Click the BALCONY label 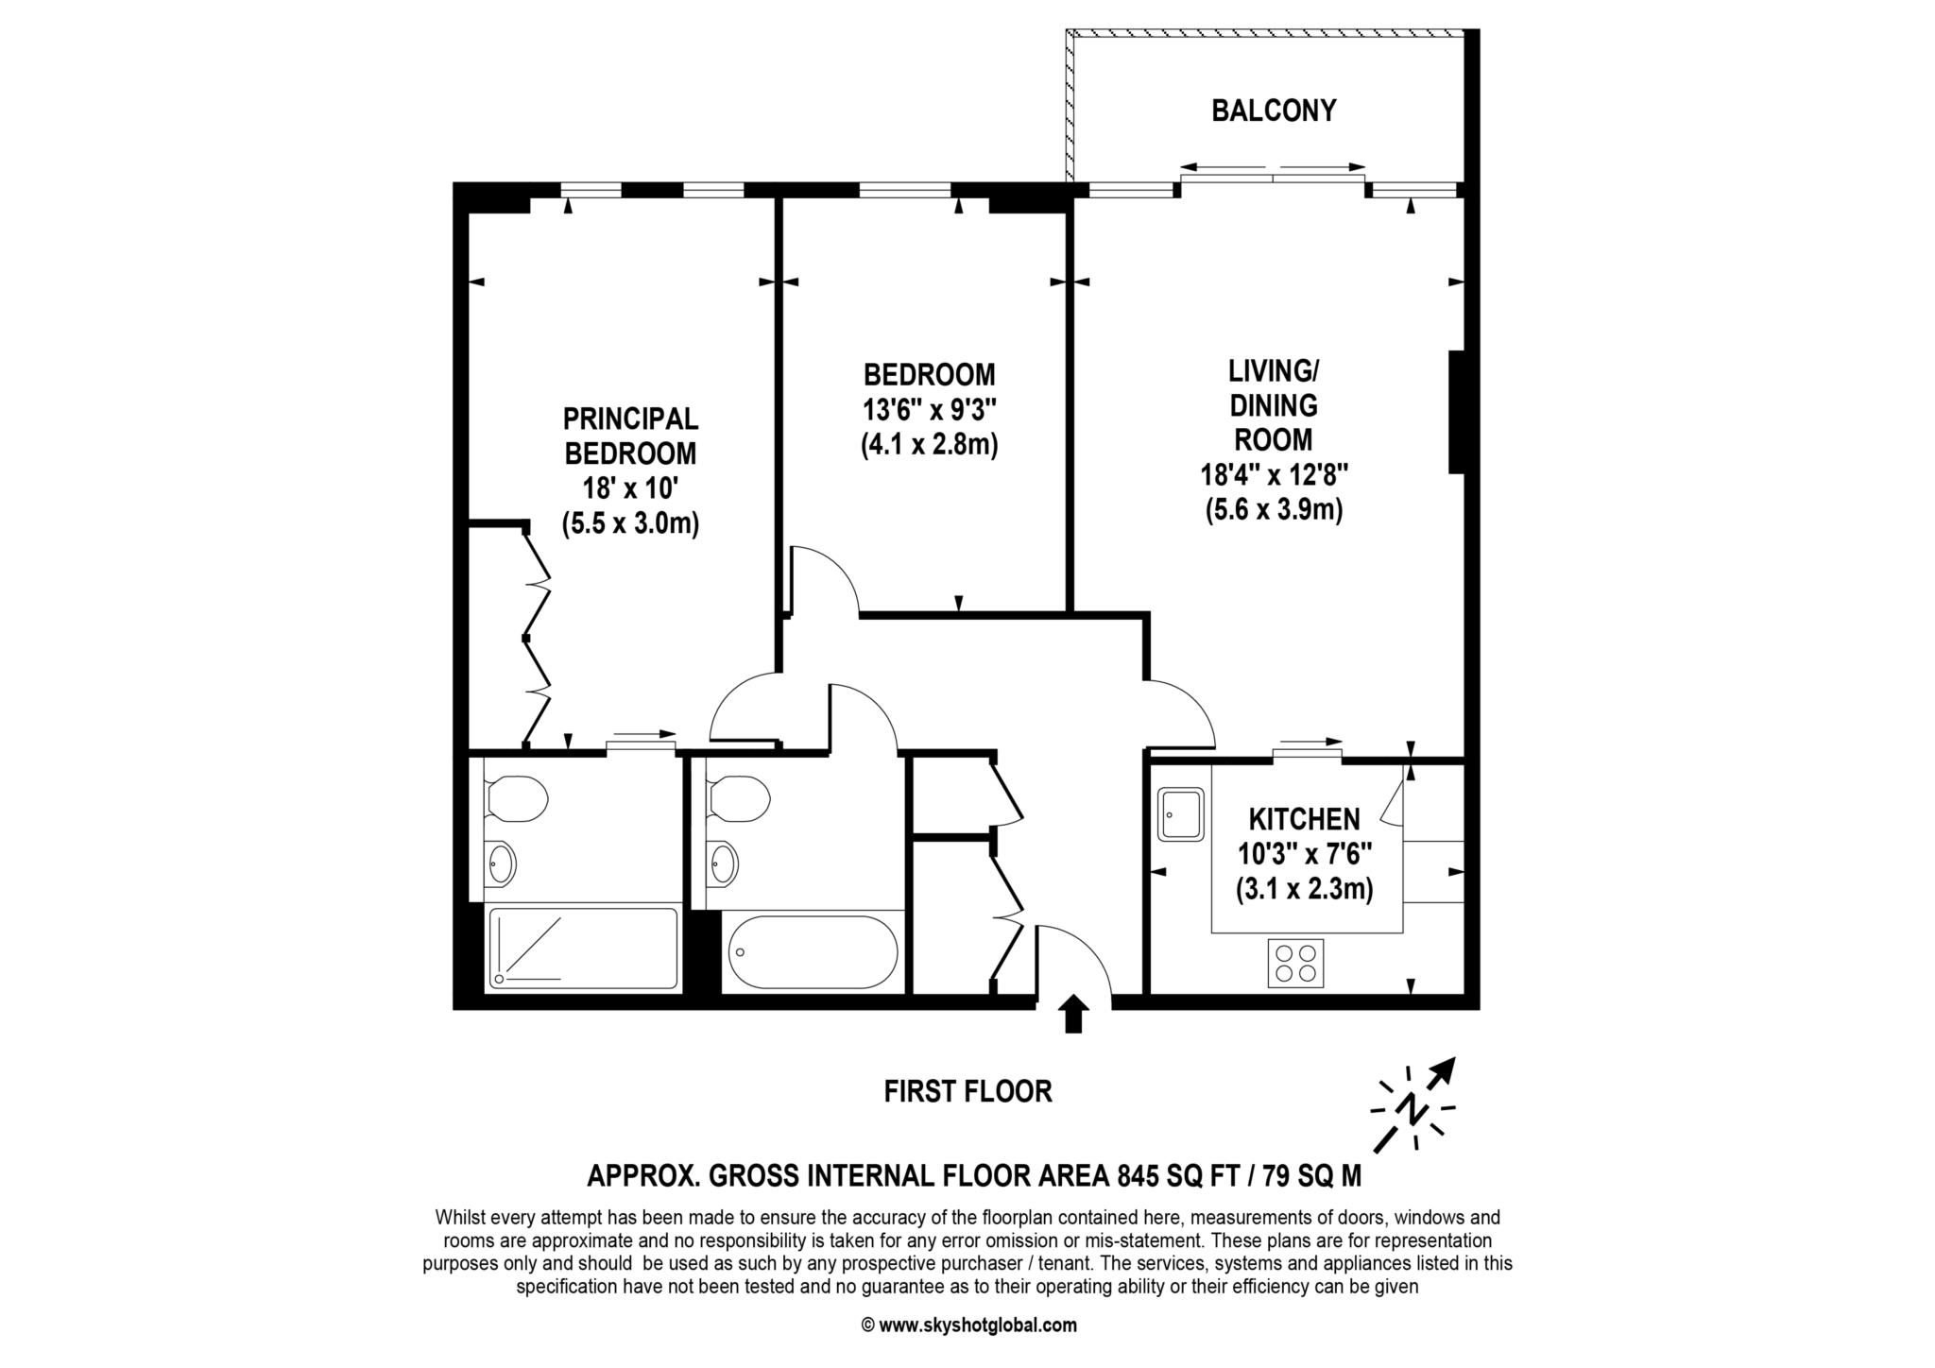[x=1274, y=111]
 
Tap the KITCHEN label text [x=1305, y=819]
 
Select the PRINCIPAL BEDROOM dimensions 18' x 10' [x=630, y=488]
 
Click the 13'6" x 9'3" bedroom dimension [x=930, y=410]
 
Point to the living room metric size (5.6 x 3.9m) [x=1274, y=510]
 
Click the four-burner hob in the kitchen [x=1295, y=964]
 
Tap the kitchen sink [x=1181, y=815]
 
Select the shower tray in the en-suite [x=582, y=949]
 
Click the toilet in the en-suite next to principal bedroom [x=515, y=799]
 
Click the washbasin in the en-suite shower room [x=501, y=863]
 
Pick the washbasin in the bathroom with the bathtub [x=724, y=863]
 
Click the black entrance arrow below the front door [x=1073, y=1014]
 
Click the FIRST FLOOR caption [x=967, y=1092]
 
